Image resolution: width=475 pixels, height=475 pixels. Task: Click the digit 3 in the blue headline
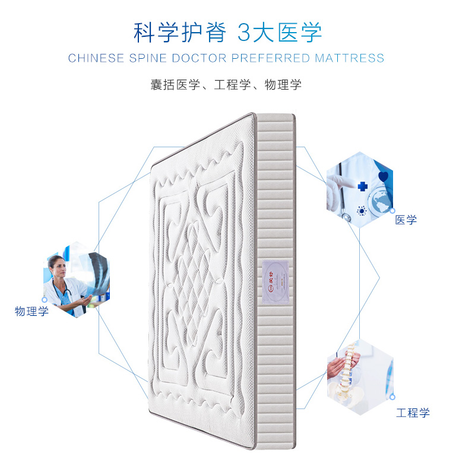click(x=245, y=33)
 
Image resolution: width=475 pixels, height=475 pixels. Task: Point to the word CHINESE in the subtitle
click(x=96, y=58)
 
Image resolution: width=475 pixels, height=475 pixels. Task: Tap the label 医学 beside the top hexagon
click(x=406, y=220)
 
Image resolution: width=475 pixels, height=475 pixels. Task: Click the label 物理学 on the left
click(x=32, y=311)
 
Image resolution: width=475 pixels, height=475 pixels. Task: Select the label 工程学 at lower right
click(x=413, y=413)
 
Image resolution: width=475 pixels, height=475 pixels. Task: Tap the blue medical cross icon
click(x=362, y=186)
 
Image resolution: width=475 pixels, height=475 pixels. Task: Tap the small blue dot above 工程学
click(x=392, y=396)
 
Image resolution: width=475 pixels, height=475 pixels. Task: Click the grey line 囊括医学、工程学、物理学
click(x=226, y=84)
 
